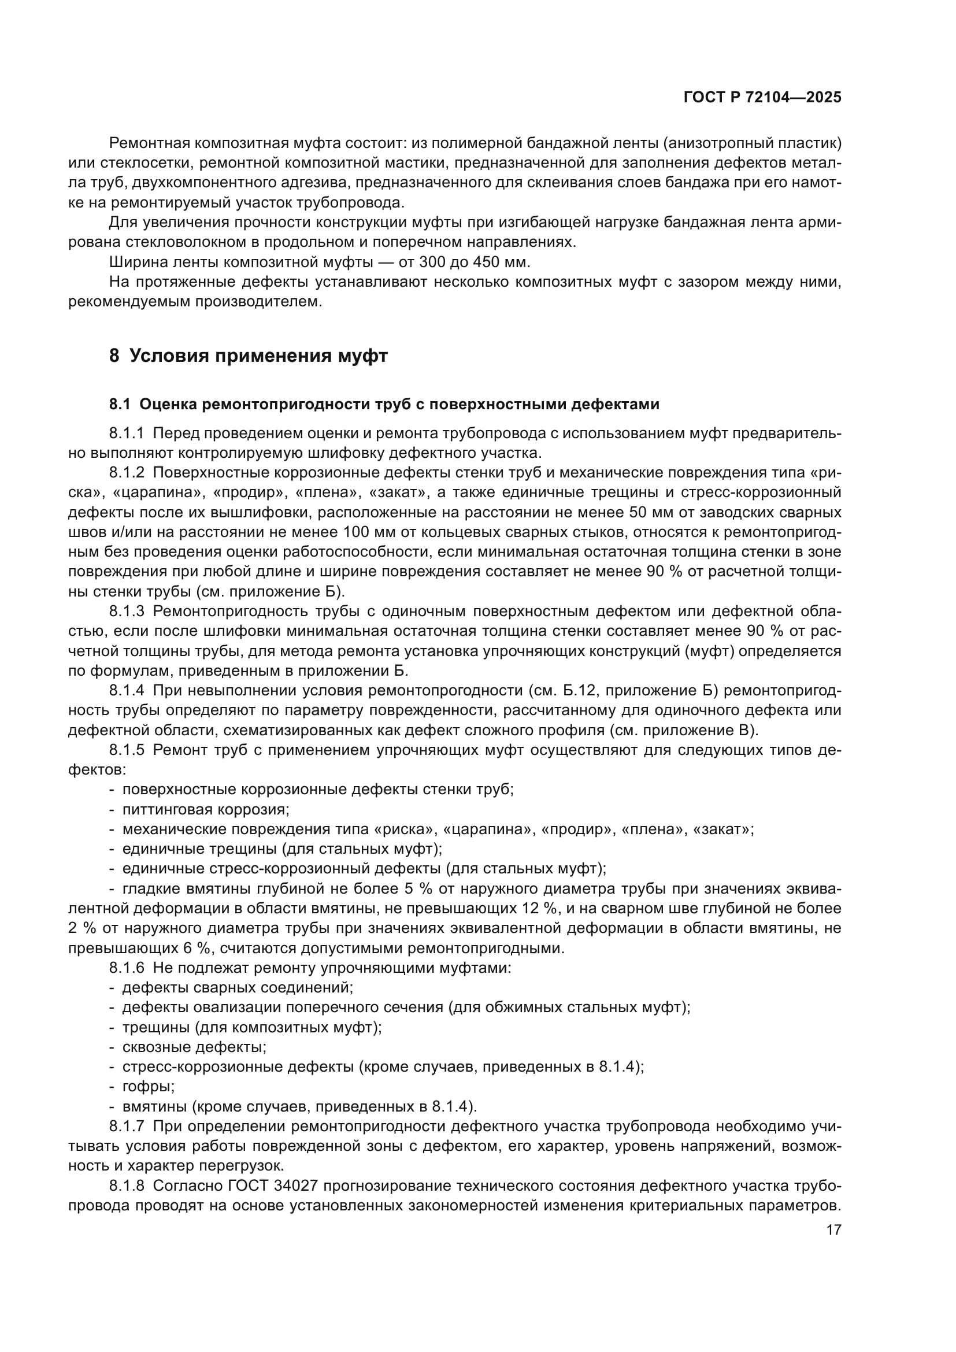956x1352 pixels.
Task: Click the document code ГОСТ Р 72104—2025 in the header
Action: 762,98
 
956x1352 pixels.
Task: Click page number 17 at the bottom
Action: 833,1230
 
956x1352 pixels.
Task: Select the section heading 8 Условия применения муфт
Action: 249,356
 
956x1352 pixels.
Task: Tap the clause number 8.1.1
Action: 127,434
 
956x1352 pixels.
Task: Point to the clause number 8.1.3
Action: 127,611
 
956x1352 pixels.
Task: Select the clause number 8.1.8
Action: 127,1186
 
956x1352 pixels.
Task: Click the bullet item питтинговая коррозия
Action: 205,810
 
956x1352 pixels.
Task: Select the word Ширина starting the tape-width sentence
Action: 136,262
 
